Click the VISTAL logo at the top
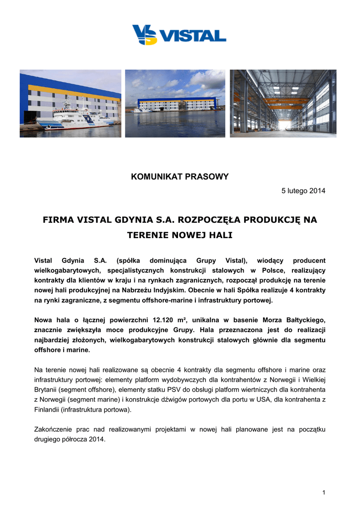coord(179,35)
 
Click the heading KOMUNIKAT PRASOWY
coord(180,176)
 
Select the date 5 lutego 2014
coord(303,191)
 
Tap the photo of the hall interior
coord(283,103)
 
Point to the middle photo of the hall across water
coord(175,103)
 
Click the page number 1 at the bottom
coord(323,492)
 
